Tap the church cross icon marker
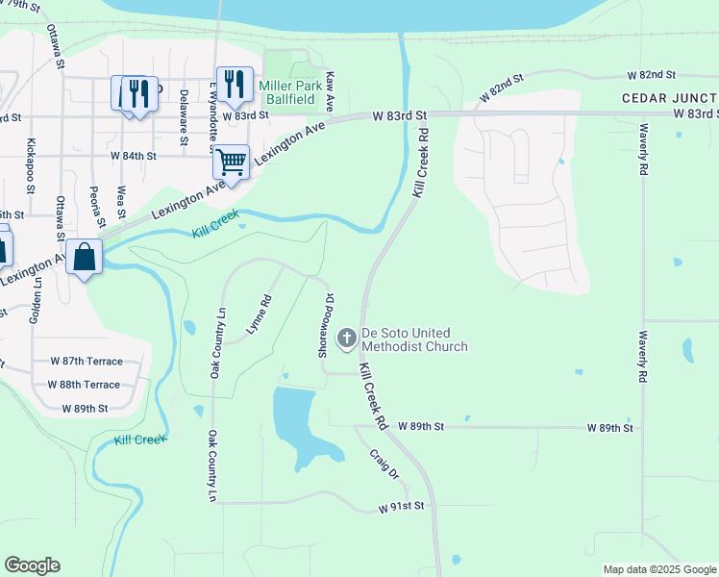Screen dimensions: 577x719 pyautogui.click(x=347, y=337)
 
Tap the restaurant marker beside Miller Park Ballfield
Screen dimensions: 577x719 pyautogui.click(x=235, y=85)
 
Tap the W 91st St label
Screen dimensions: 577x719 pyautogui.click(x=401, y=506)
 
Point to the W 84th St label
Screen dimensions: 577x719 pyautogui.click(x=133, y=155)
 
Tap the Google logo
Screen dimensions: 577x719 pyautogui.click(x=32, y=565)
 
